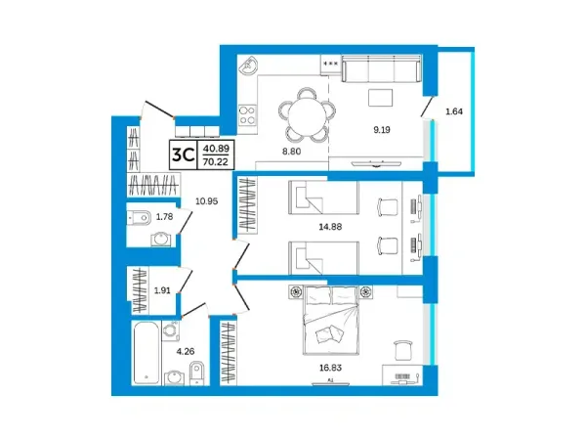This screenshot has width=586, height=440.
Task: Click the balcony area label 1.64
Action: point(454,111)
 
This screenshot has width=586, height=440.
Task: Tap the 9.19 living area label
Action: point(382,130)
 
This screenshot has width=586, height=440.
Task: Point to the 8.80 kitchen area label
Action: point(291,152)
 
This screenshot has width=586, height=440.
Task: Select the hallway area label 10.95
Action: point(207,201)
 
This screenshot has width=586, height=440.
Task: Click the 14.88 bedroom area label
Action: point(330,227)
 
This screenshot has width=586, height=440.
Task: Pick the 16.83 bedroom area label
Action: point(330,368)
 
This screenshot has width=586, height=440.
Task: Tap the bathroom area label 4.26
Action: point(186,351)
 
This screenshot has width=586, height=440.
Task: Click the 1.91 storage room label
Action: point(162,290)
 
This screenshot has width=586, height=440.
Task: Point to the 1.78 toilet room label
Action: point(164,217)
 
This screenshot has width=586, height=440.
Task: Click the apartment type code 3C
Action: point(183,154)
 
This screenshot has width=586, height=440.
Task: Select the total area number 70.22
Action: point(216,161)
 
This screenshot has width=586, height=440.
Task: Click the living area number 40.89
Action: point(216,149)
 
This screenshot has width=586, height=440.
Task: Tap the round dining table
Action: point(307,114)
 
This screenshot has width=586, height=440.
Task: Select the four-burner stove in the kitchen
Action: point(247,114)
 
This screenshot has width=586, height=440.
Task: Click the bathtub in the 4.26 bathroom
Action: point(146,353)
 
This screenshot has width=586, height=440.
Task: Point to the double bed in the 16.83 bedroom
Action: point(331,321)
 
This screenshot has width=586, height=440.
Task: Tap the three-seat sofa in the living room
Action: point(381,68)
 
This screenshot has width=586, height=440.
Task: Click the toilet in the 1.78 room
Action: point(139,217)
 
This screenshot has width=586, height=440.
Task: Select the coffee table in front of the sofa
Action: point(381,98)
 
